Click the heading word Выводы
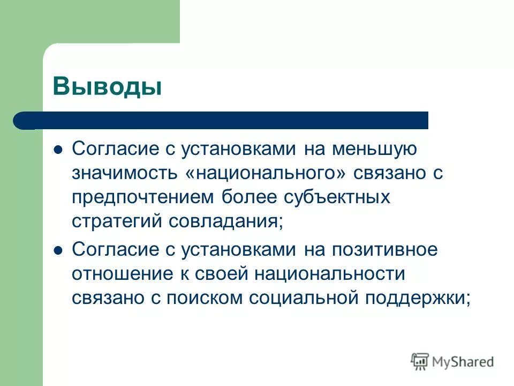coord(107,86)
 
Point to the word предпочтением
coord(143,197)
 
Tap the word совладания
coord(224,221)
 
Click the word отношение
coord(120,274)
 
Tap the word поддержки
coord(410,298)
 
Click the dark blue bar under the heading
coord(225,121)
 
